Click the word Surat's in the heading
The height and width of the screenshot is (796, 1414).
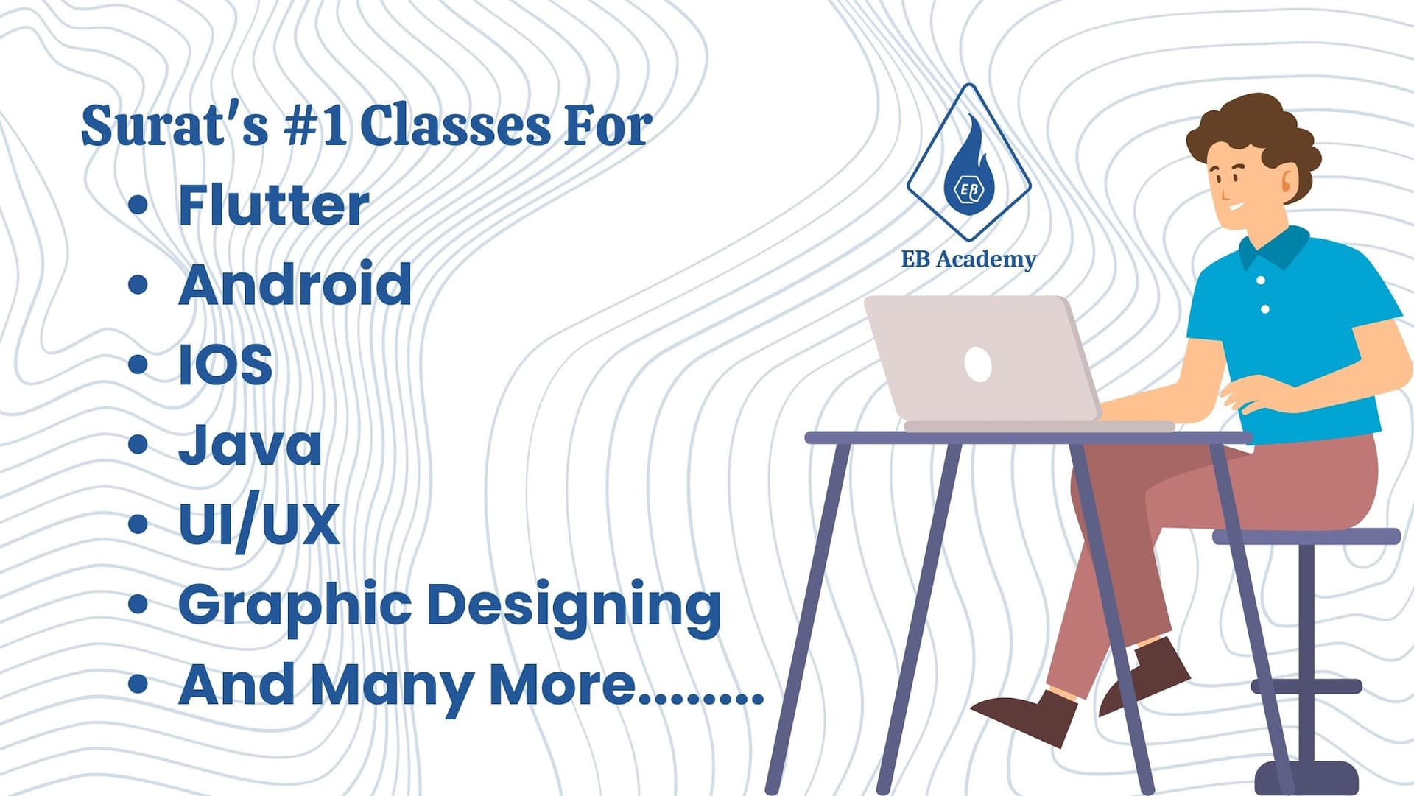coord(175,124)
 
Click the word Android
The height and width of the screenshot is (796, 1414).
coord(295,284)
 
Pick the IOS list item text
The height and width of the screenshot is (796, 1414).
coord(225,364)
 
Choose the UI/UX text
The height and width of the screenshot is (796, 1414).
coord(259,524)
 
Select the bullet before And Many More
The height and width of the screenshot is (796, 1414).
coord(138,684)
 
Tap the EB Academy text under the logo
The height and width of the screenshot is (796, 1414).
coord(968,259)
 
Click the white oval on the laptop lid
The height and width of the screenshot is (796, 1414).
coord(978,364)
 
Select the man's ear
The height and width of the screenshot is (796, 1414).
coord(1289,180)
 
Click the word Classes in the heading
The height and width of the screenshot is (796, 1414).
coord(455,124)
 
